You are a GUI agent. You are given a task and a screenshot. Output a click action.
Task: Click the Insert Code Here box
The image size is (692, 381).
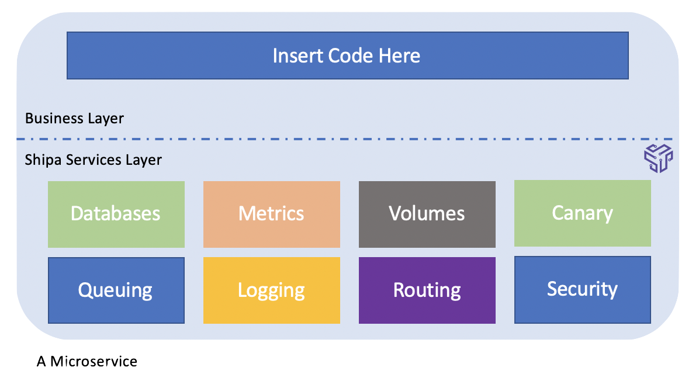pos(348,56)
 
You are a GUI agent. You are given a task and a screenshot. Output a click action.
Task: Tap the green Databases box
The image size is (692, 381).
pos(116,214)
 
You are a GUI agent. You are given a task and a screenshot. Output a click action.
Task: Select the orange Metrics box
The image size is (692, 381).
pos(271,214)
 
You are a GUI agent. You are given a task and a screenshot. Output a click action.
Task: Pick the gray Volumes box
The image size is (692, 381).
pos(427,214)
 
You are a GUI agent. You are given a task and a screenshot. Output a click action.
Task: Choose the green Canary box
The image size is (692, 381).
pos(583,213)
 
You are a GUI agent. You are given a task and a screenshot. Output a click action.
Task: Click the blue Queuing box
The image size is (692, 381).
pos(116,290)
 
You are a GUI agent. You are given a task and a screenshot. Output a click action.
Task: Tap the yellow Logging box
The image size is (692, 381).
pos(271,290)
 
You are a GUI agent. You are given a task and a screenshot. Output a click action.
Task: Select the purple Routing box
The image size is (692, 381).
pos(427,290)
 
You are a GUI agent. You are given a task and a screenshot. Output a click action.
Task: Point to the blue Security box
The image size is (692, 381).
pos(583,290)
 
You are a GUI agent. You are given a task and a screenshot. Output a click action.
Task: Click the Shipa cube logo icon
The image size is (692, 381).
pos(658,158)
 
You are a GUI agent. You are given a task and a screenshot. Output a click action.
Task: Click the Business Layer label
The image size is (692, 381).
pos(74,119)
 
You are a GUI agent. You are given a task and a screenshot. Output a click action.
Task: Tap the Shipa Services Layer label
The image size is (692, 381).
pos(93,160)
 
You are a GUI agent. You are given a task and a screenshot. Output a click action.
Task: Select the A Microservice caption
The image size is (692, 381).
pos(87,362)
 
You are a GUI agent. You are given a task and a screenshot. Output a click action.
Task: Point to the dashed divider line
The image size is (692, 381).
pos(345,139)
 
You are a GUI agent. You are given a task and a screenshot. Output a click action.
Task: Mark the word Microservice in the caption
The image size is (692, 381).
pos(94,362)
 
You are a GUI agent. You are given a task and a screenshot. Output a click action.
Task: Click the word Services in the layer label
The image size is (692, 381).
pos(94,160)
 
